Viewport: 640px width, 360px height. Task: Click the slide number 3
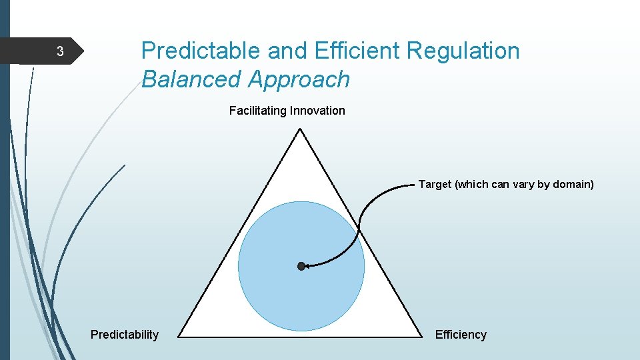pos(59,52)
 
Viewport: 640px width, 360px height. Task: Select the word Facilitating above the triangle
pos(257,111)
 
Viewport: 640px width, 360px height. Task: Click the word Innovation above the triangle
pos(317,111)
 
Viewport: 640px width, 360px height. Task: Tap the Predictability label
pos(125,335)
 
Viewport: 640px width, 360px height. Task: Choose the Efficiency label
pos(461,335)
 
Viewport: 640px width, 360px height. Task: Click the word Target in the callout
pos(435,184)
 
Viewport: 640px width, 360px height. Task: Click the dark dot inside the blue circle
pos(301,266)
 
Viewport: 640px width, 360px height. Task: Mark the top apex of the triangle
pos(301,129)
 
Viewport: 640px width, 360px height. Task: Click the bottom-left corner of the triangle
pos(180,335)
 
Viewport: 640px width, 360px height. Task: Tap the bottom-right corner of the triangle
pos(421,335)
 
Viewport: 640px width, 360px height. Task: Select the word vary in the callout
pos(522,184)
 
